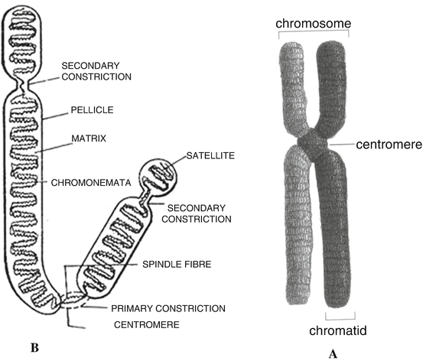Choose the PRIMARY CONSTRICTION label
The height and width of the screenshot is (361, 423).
click(x=168, y=308)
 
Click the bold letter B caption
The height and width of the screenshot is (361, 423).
click(x=34, y=348)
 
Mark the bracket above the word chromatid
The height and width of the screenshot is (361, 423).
click(x=340, y=316)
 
